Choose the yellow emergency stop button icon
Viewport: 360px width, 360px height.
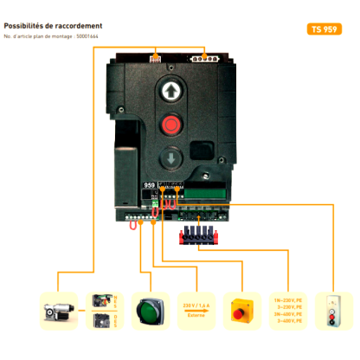241,309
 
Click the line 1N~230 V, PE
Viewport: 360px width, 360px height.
287,299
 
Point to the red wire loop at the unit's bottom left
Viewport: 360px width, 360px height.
132,225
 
